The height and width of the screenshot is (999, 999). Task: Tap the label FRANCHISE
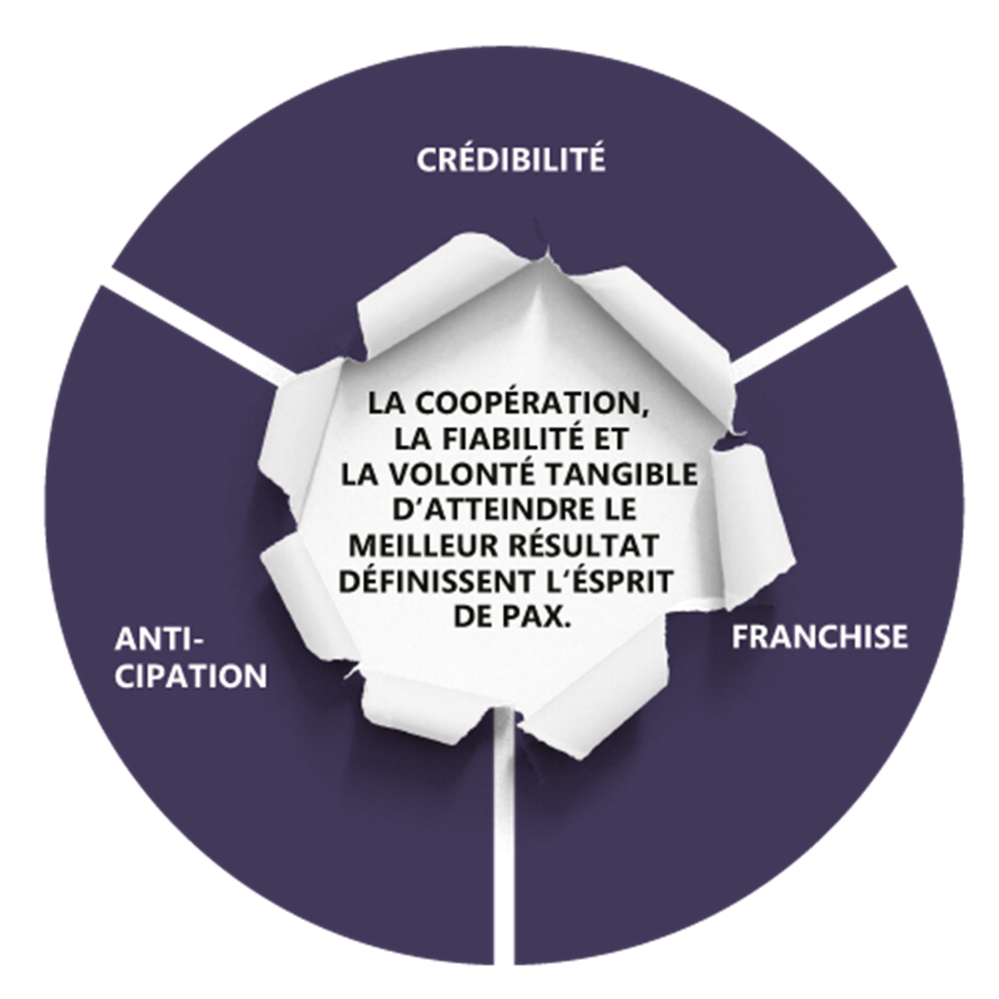(819, 637)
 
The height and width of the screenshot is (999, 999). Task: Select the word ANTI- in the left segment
(158, 641)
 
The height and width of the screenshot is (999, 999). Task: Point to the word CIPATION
(190, 676)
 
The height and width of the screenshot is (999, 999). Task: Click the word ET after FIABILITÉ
(610, 439)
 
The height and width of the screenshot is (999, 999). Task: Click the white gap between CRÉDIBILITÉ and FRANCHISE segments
(843, 312)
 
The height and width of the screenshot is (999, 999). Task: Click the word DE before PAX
(475, 617)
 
